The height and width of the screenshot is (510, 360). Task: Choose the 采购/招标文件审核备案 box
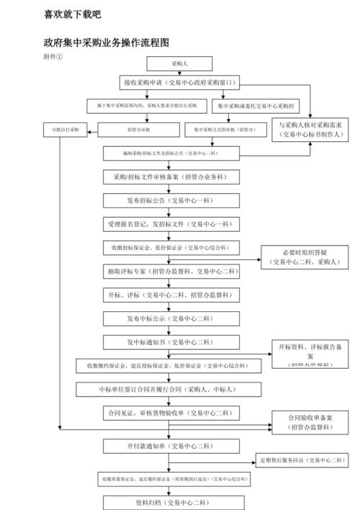[x=171, y=176]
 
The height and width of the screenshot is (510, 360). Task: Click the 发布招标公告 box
[x=171, y=200]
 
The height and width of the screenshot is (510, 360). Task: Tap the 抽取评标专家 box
[x=171, y=272]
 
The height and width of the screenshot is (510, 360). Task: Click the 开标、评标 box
[x=171, y=295]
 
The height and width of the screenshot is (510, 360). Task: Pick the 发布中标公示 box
[x=171, y=318]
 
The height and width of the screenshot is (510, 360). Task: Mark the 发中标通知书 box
[x=171, y=341]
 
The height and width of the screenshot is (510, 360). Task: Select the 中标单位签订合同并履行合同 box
[x=171, y=389]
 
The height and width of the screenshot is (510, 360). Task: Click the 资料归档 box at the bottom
[x=171, y=501]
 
